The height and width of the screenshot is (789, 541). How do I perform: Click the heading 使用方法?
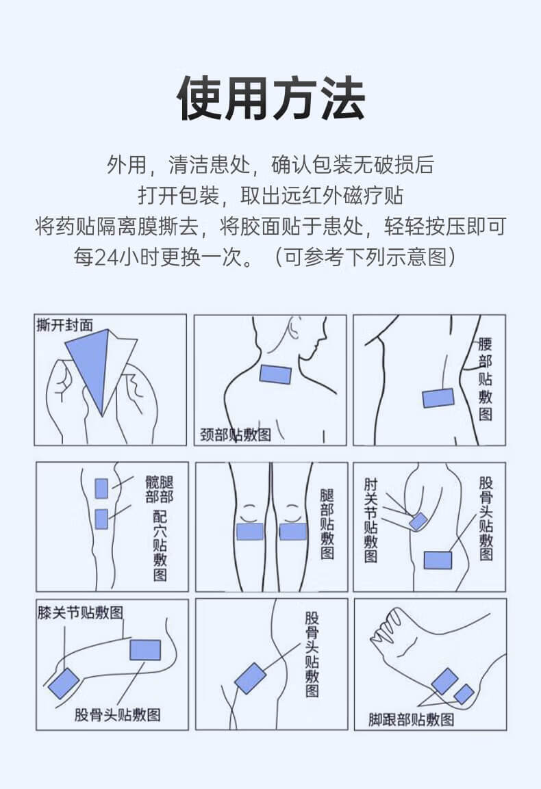pos(270,99)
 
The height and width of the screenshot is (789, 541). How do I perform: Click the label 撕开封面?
pos(64,325)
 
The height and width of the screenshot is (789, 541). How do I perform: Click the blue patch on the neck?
pos(276,374)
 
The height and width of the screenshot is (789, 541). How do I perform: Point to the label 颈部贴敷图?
pos(235,435)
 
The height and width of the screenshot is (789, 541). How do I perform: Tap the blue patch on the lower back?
pos(438,398)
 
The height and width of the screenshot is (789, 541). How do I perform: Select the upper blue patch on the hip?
pos(101,488)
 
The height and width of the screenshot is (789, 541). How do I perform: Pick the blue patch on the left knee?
pos(250,531)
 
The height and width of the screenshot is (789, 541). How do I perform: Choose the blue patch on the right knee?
pos(293,531)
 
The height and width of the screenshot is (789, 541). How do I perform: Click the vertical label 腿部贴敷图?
pos(327,523)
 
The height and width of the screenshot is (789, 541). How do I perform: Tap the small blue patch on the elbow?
pos(418,521)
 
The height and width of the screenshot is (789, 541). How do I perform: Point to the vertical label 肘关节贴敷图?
pos(370,520)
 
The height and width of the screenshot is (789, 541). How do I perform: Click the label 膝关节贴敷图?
pos(80,612)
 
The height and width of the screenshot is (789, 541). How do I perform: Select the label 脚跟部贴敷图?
pos(411,719)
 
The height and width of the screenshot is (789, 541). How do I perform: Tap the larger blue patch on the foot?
pos(444,681)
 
